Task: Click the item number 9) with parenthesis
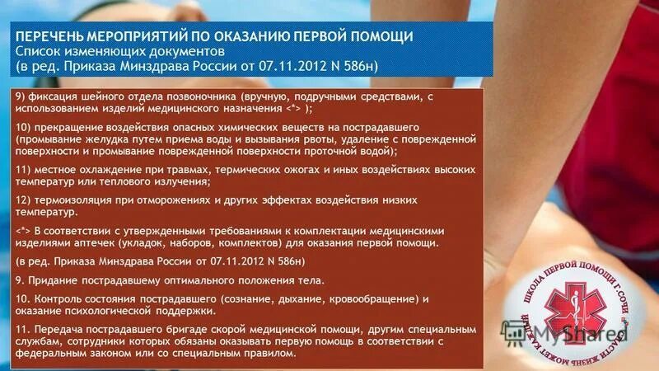click(x=21, y=96)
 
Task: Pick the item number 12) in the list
click(x=24, y=200)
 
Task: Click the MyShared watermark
click(x=587, y=334)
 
